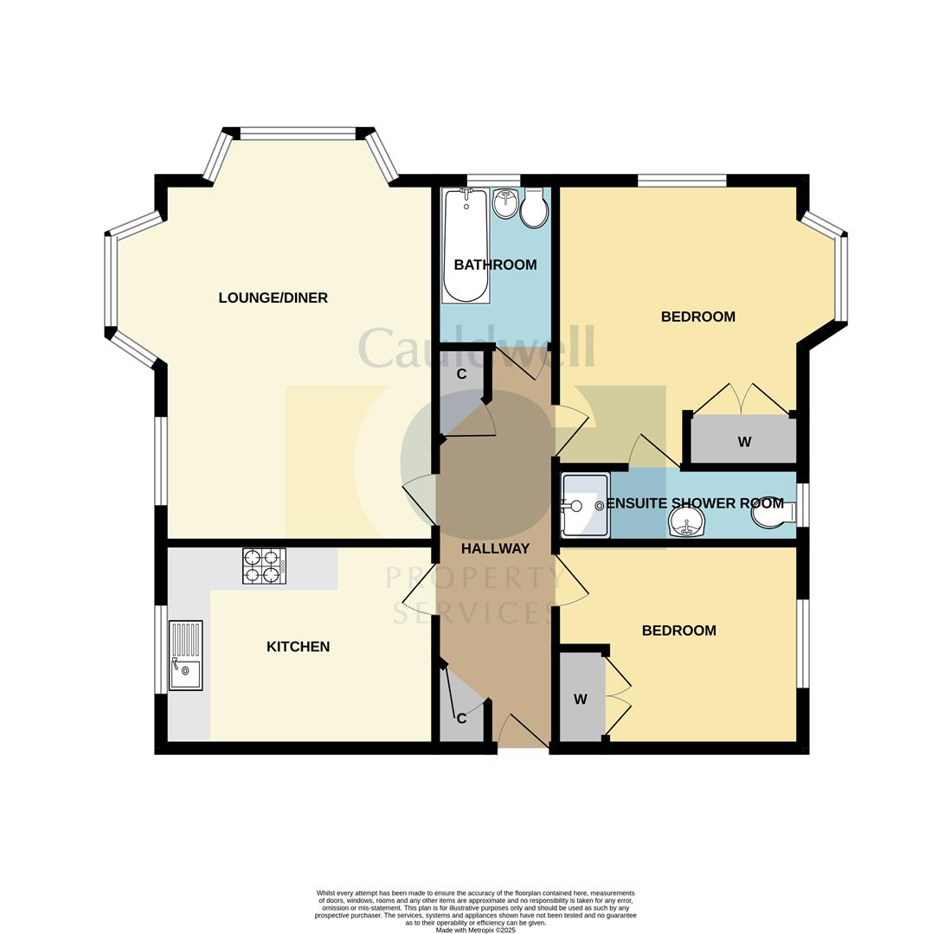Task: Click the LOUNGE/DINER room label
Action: coord(273,298)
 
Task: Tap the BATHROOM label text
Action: coord(495,265)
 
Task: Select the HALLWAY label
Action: coord(495,548)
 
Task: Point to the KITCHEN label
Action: coord(298,647)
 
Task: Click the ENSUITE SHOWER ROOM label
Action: coord(695,503)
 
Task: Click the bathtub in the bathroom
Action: coord(466,246)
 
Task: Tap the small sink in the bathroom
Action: coord(505,204)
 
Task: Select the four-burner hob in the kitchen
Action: coord(264,566)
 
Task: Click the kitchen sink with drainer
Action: coord(185,656)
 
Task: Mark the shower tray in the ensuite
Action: coord(585,505)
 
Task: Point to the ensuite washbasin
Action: coord(686,523)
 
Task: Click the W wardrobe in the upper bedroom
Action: coord(743,442)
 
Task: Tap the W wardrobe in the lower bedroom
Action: coord(581,699)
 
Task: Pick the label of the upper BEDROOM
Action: coord(697,317)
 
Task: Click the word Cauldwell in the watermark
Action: coord(476,348)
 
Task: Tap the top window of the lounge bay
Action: coord(298,133)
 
